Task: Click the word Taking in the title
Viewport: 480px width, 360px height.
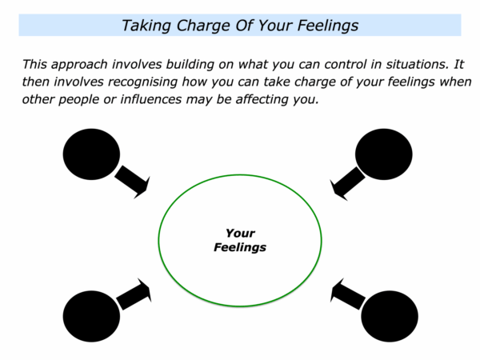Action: tap(146, 26)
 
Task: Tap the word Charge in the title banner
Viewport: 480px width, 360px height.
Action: tap(203, 26)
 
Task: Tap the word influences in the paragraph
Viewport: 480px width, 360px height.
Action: tap(151, 99)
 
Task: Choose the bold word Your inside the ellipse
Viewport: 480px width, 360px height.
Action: tap(240, 234)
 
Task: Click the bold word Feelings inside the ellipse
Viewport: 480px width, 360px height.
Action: tap(240, 247)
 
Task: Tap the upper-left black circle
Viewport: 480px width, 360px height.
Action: tap(91, 154)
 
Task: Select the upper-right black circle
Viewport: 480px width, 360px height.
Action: tap(383, 154)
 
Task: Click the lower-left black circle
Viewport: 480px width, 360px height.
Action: tap(91, 316)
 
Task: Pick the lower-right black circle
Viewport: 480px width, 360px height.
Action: tap(390, 316)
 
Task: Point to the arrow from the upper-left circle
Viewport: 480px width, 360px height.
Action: tap(133, 182)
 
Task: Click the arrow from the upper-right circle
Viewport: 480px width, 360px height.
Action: tap(347, 183)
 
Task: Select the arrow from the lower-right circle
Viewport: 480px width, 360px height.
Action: tap(348, 294)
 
